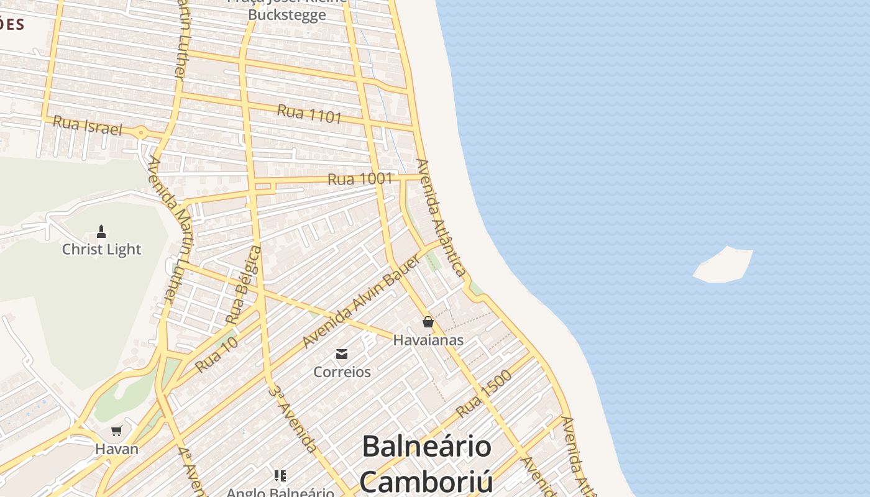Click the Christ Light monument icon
(101, 232)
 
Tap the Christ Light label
(101, 249)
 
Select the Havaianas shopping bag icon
(428, 322)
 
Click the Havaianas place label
(428, 340)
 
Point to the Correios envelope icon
(341, 354)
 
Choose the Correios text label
(342, 372)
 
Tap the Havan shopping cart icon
(116, 431)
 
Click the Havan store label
(116, 448)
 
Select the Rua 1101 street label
(309, 114)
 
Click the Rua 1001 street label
(360, 180)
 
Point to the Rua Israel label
(87, 125)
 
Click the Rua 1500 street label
(483, 394)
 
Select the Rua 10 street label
(216, 356)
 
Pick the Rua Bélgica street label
(243, 285)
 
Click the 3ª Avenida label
(293, 419)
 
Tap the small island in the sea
(724, 265)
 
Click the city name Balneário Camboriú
(426, 463)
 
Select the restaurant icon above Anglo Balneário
(280, 476)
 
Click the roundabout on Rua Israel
(141, 132)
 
